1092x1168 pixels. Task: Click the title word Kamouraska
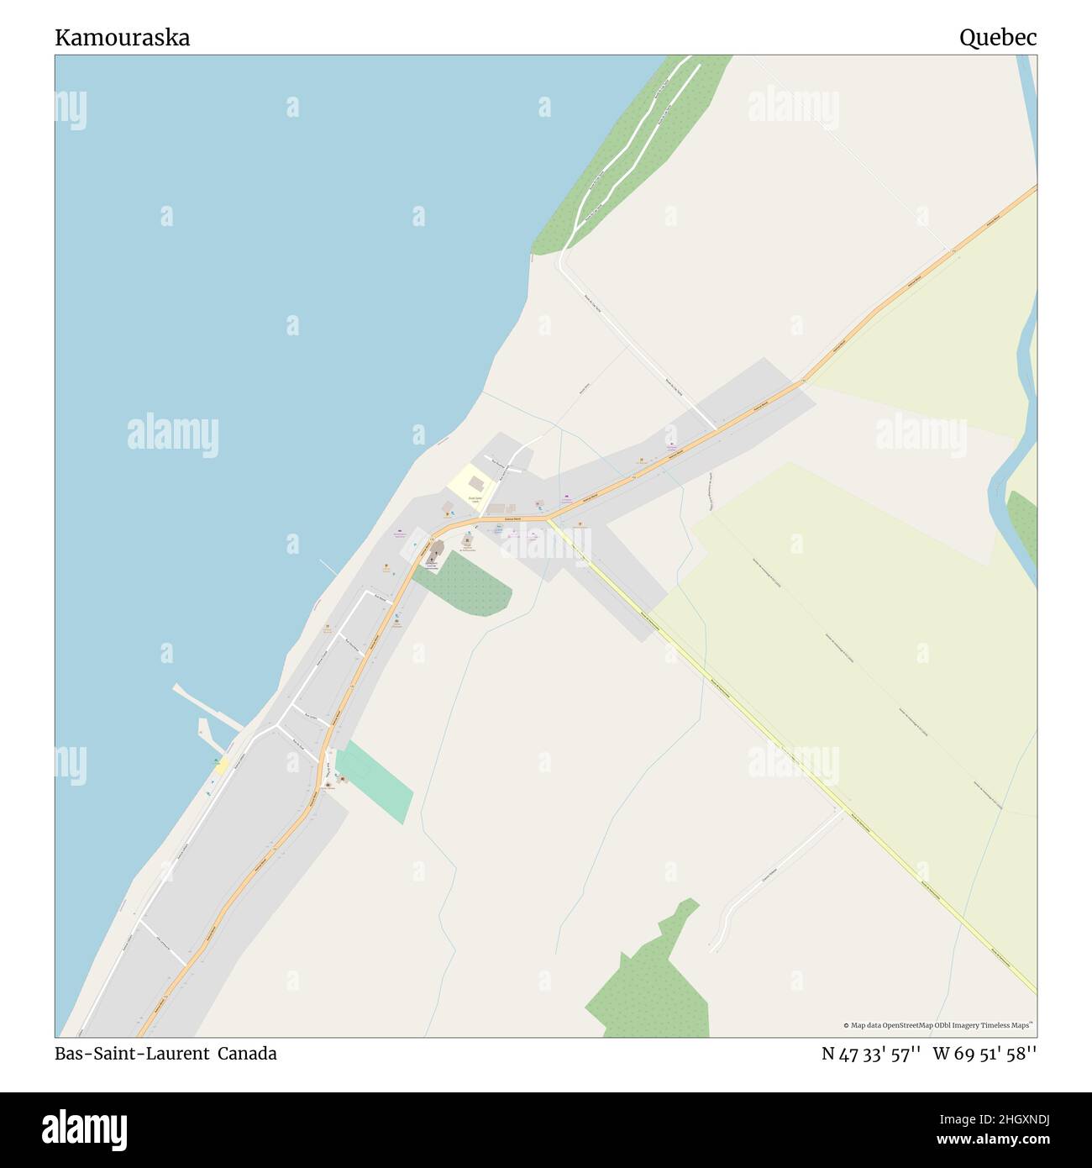click(123, 38)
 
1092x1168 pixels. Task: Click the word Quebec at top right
click(997, 38)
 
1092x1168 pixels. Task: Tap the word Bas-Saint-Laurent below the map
click(132, 1054)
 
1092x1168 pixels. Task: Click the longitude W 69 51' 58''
click(984, 1054)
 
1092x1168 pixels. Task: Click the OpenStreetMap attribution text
click(937, 1025)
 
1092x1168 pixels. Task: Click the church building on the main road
click(436, 550)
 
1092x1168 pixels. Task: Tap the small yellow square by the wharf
click(221, 766)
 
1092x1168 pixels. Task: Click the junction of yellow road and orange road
click(547, 519)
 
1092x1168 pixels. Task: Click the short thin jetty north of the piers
click(328, 567)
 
